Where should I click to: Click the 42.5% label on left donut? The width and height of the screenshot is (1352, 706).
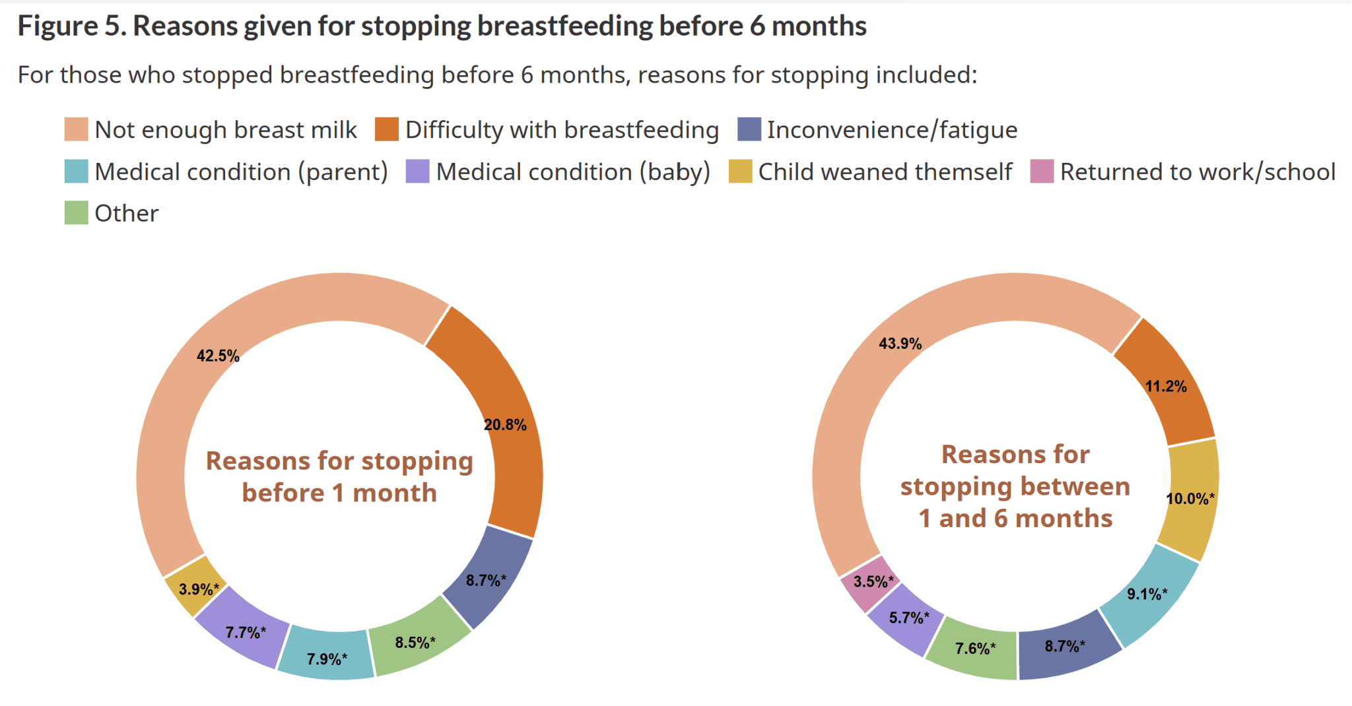click(218, 356)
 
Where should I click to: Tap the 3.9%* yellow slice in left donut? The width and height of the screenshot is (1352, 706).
click(197, 588)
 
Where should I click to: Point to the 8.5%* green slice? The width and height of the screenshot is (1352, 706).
click(415, 641)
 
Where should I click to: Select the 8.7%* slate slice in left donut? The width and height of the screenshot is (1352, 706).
click(486, 581)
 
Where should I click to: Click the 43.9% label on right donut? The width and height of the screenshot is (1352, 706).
click(900, 344)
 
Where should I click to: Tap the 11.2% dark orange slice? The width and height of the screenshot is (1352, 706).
click(1166, 386)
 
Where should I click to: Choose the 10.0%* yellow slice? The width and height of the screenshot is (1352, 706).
click(1190, 498)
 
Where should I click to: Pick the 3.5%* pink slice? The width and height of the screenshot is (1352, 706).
click(871, 582)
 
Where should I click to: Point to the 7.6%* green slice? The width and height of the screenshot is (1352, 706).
click(974, 648)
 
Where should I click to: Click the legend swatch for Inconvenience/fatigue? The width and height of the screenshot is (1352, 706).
click(749, 129)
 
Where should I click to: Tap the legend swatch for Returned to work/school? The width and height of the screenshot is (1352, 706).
click(1042, 172)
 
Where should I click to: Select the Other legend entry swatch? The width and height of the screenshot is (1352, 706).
click(76, 213)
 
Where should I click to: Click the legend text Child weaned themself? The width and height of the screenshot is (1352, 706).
click(885, 172)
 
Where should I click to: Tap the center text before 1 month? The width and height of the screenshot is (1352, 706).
click(339, 493)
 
